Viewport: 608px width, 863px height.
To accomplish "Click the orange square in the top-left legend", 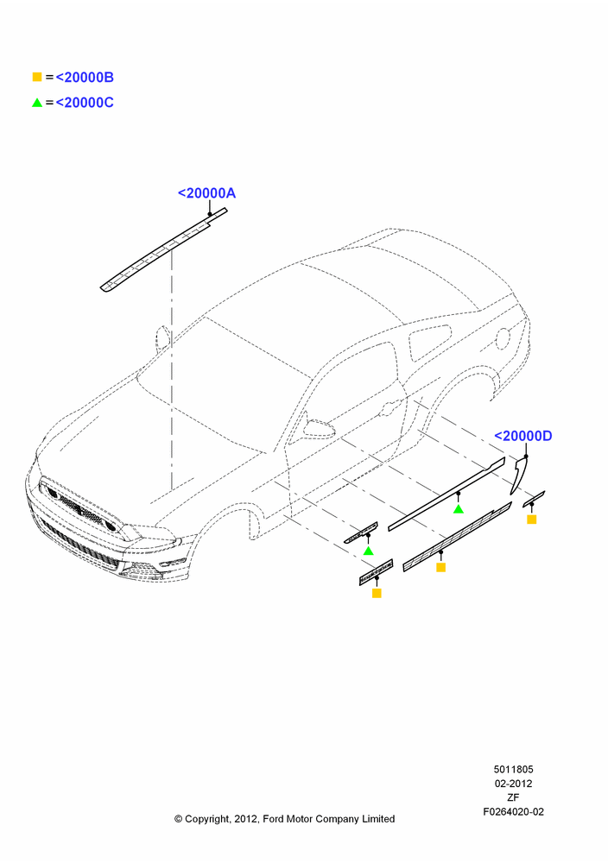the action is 37,77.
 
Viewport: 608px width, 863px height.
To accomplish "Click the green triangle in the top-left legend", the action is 37,103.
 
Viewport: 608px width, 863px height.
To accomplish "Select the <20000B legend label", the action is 85,78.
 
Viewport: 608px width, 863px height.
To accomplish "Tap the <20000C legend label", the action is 85,103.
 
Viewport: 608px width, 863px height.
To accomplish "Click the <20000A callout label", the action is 206,193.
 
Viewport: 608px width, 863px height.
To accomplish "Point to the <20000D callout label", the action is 523,436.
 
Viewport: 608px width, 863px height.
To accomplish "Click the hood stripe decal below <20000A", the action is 163,250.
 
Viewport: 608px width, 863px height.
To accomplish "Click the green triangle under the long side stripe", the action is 459,509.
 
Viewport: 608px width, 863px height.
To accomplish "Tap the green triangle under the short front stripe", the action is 369,551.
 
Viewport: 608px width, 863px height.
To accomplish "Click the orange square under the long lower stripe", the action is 440,567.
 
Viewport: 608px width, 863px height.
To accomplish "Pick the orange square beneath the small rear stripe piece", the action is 531,519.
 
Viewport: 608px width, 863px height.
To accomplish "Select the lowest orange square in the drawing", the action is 377,593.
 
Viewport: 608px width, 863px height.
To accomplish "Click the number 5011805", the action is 513,770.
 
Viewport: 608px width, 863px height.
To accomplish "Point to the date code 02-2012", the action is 513,784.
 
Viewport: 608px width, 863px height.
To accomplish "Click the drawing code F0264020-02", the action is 513,812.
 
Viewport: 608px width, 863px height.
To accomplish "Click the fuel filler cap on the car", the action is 503,338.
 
